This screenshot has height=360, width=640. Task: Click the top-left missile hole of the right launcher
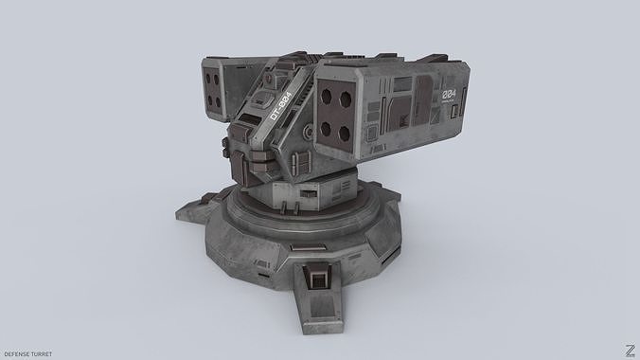[x=327, y=99]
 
